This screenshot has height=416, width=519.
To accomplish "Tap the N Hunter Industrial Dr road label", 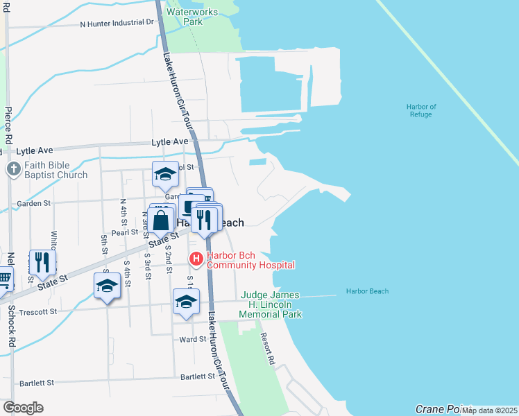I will [x=117, y=23].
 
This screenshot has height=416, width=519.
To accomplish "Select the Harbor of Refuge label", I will [x=421, y=110].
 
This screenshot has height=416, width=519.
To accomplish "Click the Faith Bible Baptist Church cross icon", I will [x=13, y=168].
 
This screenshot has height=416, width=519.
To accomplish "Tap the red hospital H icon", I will [x=196, y=259].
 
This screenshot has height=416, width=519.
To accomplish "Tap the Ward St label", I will [x=193, y=340].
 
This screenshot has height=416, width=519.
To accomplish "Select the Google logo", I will [x=23, y=408].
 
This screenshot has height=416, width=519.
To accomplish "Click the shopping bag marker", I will [x=161, y=221].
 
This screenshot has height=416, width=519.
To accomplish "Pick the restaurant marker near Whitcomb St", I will [x=42, y=261].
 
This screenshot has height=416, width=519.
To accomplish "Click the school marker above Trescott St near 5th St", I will [x=107, y=285].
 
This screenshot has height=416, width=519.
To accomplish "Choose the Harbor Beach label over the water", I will [x=367, y=291].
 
